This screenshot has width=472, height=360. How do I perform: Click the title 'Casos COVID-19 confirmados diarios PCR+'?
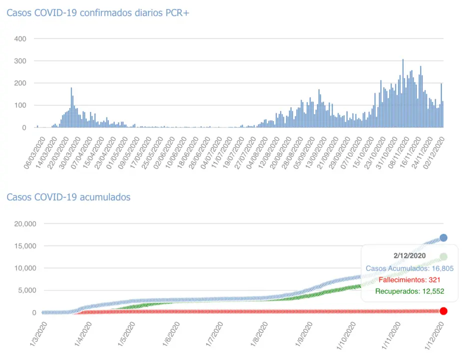(x=98, y=13)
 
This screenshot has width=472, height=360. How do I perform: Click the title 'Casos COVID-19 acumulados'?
(x=68, y=197)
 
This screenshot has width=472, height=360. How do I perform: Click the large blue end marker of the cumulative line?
(x=443, y=237)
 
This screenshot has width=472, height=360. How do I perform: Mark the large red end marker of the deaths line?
(x=443, y=311)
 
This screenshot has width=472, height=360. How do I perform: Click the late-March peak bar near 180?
(x=71, y=108)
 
